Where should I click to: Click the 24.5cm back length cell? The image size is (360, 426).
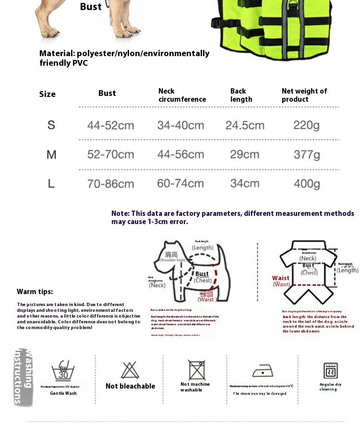tap(245, 126)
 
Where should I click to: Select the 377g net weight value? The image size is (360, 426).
tap(307, 154)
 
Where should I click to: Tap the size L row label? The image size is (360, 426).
tap(51, 183)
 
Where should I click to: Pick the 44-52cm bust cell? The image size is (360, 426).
tap(110, 126)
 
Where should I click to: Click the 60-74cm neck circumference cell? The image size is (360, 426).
tap(180, 183)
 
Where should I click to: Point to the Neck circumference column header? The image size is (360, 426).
tap(182, 95)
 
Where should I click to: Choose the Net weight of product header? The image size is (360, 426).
tap(304, 95)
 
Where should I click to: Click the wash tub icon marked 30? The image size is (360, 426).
tap(63, 371)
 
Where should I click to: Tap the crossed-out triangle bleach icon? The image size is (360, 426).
tap(130, 370)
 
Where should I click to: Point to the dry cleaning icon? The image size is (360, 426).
tap(330, 370)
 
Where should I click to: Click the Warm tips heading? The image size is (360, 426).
tap(35, 292)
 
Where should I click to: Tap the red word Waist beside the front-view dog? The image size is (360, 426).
tap(281, 278)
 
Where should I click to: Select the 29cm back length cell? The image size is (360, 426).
tap(245, 154)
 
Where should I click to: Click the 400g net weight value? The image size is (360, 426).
tap(307, 183)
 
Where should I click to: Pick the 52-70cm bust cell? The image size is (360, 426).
tap(110, 154)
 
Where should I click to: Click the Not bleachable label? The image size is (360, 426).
tap(130, 386)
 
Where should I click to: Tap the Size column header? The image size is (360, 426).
tap(48, 94)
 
